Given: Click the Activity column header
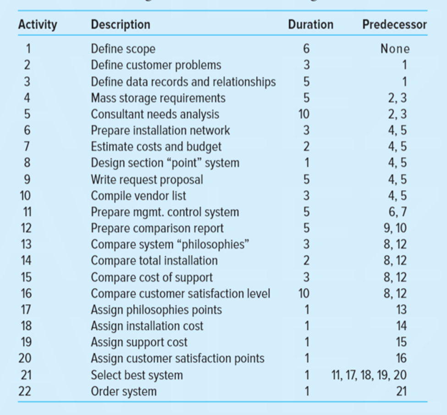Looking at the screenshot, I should tap(38, 25).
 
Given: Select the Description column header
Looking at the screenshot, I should tap(121, 25).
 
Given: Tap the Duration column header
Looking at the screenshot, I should tap(310, 25).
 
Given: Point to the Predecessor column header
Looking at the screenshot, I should tap(394, 25).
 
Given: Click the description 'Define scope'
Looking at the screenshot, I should tap(123, 49).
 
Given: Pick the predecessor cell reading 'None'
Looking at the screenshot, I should tap(395, 49).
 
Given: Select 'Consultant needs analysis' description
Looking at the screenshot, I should tap(155, 114).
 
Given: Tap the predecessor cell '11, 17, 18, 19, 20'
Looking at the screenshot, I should tap(369, 375).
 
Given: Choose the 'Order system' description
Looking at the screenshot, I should tap(124, 392).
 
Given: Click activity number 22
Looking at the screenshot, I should tap(27, 392).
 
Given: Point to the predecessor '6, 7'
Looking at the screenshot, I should tap(397, 212).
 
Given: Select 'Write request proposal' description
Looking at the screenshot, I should tap(147, 179).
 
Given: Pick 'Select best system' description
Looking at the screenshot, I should tap(137, 375).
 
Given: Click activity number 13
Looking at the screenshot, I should tap(27, 244).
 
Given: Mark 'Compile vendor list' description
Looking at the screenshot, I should tap(138, 196).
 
